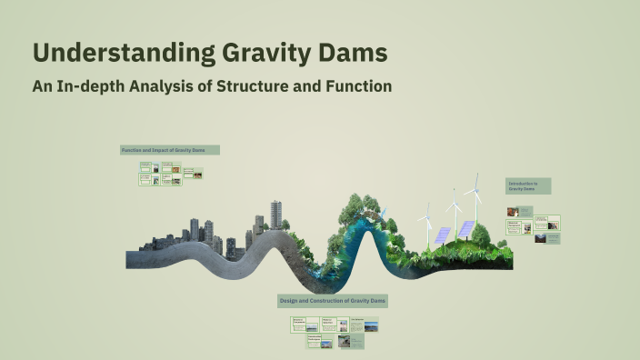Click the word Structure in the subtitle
coord(254,88)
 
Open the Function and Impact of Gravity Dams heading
coord(169,150)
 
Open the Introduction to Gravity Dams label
coord(528,185)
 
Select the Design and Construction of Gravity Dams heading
coord(333,300)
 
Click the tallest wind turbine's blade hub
coord(473,193)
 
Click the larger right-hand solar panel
coord(465,229)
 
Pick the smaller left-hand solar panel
coord(442,235)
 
